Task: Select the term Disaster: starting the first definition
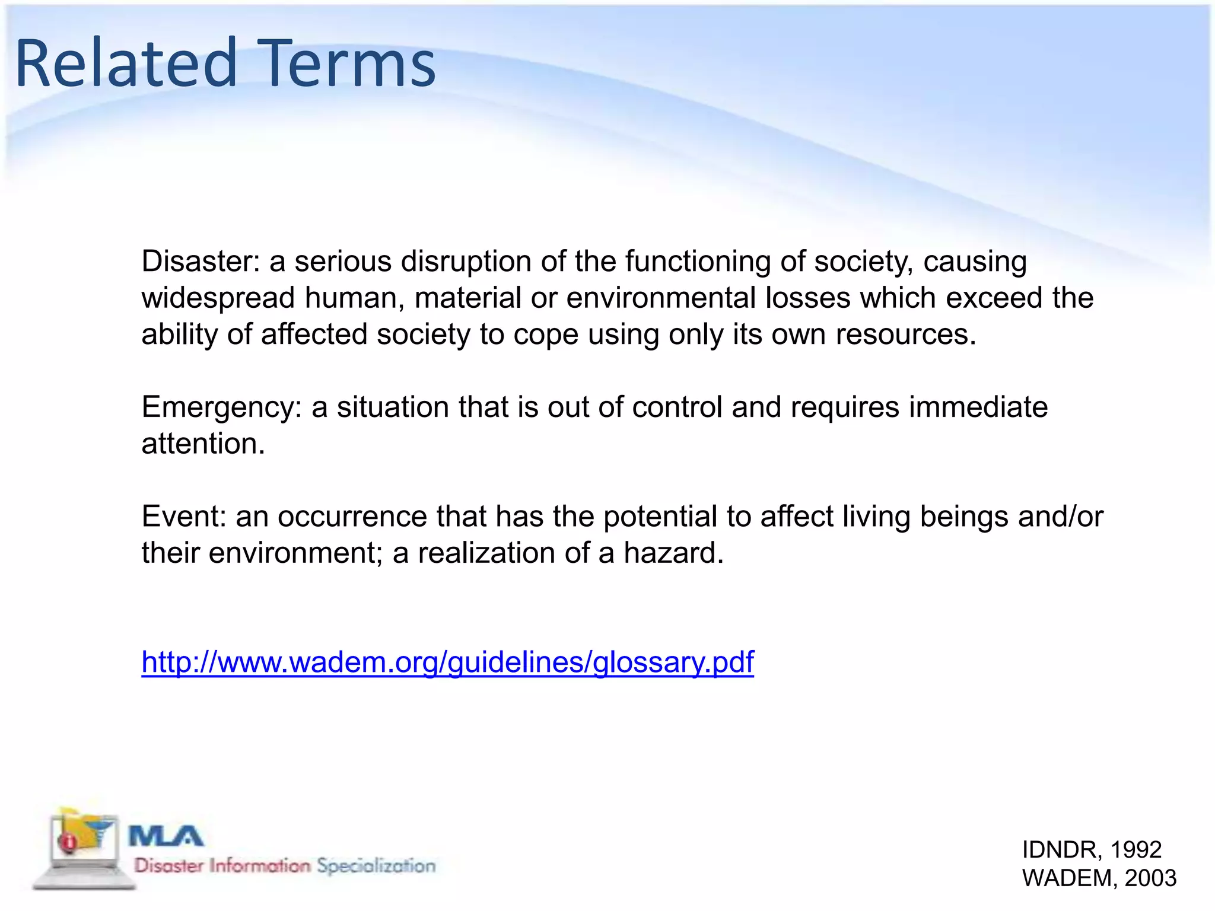pos(201,262)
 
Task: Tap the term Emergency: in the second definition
pos(221,407)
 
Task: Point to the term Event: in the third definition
pos(183,517)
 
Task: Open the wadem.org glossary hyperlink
pos(447,662)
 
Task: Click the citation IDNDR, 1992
pos(1091,850)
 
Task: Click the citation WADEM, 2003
pos(1099,878)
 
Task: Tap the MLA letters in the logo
pos(166,837)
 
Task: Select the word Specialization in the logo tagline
pos(376,866)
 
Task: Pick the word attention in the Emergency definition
pos(202,444)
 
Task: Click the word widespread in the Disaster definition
pos(218,298)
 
